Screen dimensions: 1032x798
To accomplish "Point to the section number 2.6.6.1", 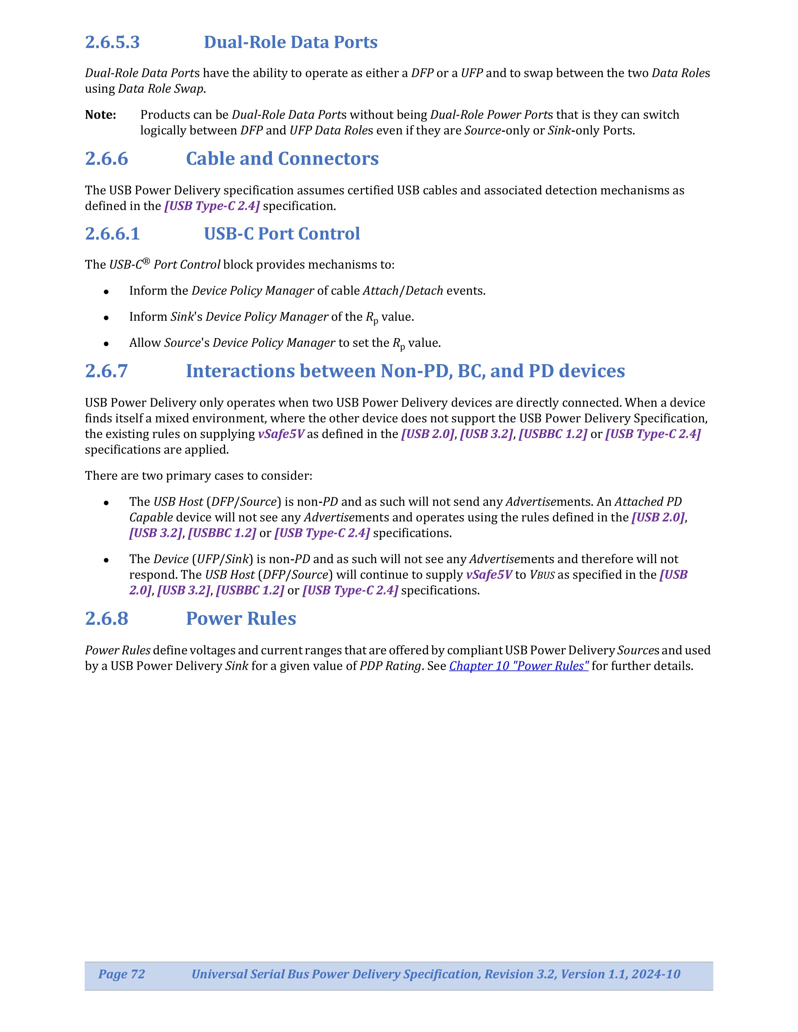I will [x=112, y=233].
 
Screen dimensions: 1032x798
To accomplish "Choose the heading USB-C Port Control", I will [x=282, y=233].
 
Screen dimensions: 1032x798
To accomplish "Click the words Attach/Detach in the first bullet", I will [x=403, y=290].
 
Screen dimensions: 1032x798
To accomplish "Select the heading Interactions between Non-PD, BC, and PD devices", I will [x=405, y=371].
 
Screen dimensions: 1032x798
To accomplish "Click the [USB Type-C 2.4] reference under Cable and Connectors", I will [x=212, y=206].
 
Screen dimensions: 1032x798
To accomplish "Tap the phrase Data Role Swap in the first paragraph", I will [x=161, y=89].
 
